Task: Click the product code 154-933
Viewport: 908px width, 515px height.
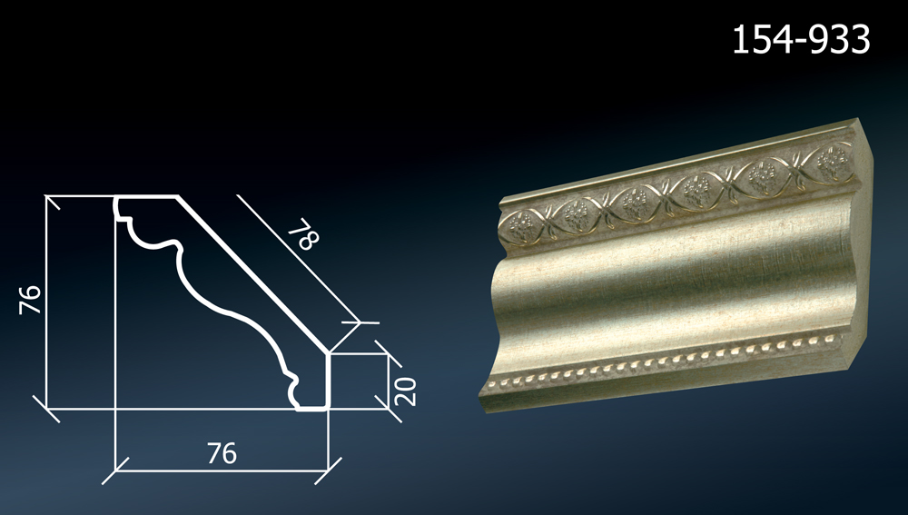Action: coord(801,39)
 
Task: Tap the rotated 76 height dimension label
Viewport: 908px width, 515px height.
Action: coord(30,300)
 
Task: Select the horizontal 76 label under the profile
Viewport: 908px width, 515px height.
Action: coord(222,453)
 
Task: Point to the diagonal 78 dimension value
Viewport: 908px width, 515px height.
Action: coord(303,233)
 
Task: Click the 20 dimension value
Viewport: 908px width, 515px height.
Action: coord(405,391)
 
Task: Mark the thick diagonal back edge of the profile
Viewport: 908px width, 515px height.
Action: coord(252,274)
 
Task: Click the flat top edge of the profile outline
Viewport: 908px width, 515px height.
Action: coord(146,197)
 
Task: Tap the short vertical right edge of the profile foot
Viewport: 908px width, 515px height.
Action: coord(327,381)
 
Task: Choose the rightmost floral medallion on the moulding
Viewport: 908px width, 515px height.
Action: coord(835,159)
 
